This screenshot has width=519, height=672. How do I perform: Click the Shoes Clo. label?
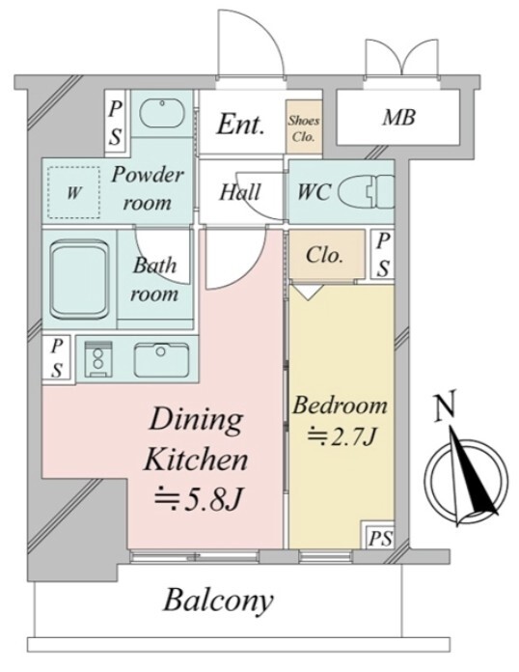click(x=304, y=128)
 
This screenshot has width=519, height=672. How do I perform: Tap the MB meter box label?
click(x=398, y=117)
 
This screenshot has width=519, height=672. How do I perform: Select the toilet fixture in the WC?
click(x=367, y=191)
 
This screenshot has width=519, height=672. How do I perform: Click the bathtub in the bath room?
click(x=79, y=279)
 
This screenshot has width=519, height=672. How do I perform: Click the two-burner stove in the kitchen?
click(x=98, y=359)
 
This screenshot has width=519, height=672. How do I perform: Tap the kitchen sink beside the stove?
click(x=161, y=359)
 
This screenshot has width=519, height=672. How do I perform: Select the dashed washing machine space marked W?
click(x=73, y=192)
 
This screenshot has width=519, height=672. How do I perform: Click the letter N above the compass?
click(x=445, y=406)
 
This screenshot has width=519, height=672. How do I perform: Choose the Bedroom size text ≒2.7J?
click(x=341, y=436)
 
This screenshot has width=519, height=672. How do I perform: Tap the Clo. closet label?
click(x=324, y=255)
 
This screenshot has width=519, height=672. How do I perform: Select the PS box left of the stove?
click(x=58, y=358)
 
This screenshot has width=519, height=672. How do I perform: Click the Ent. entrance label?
click(x=240, y=125)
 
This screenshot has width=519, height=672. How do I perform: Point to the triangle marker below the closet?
click(x=309, y=292)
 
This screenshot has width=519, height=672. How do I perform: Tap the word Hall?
click(x=240, y=192)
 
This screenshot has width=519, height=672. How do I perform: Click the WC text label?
click(x=314, y=192)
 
